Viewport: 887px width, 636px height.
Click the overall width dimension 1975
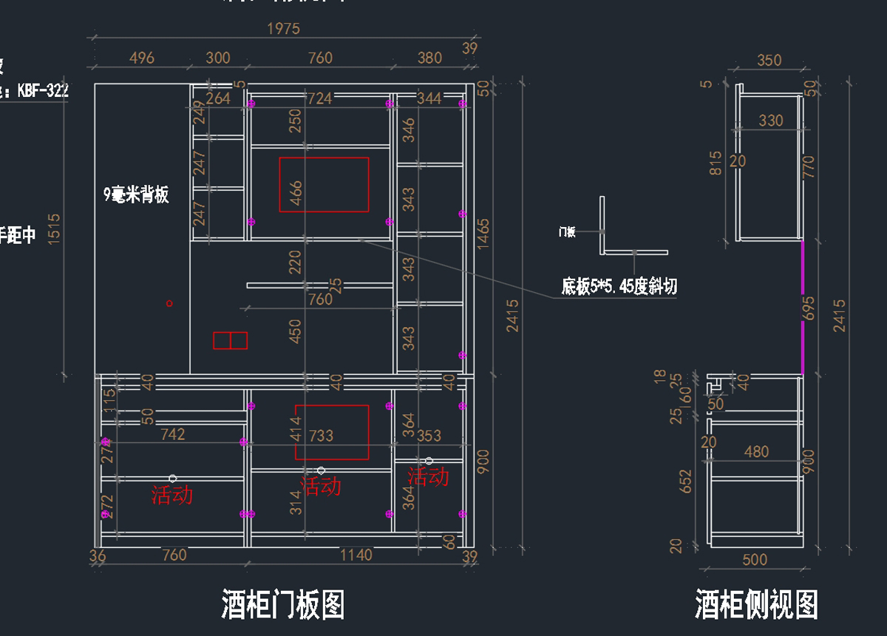(x=283, y=29)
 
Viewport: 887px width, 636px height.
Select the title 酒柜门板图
(x=283, y=604)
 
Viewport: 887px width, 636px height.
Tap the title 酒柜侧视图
(x=756, y=604)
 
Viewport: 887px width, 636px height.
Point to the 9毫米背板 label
(x=137, y=194)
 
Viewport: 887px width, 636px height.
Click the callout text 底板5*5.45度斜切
(x=619, y=286)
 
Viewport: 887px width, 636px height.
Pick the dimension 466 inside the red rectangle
(x=296, y=192)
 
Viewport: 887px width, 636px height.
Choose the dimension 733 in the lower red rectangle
(x=321, y=436)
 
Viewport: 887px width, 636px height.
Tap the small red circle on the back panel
(x=169, y=303)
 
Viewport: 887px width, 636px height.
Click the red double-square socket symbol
(x=230, y=340)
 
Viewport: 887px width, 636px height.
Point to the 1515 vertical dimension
(x=54, y=229)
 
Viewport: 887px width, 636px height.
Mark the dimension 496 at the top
(x=141, y=58)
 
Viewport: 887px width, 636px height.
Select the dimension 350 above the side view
(x=769, y=61)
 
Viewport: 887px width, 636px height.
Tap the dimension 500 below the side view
(x=754, y=560)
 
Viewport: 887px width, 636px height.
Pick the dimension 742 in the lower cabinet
(x=172, y=434)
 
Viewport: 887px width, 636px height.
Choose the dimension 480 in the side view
(x=756, y=451)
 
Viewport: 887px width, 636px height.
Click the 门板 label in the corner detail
(x=567, y=232)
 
